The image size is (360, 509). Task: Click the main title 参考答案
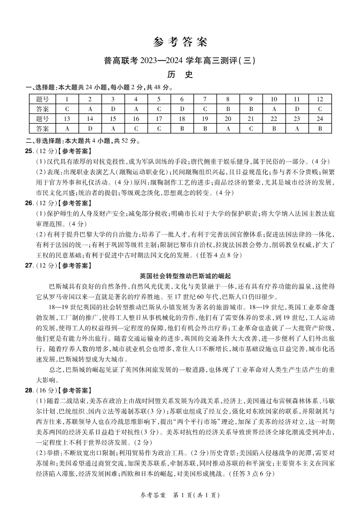pyautogui.click(x=180, y=42)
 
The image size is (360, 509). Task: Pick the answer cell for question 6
pyautogui.click(x=182, y=109)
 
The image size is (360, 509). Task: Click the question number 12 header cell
pyautogui.click(x=320, y=99)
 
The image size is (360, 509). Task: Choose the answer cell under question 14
pyautogui.click(x=90, y=128)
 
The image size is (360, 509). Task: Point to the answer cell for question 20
pyautogui.click(x=228, y=128)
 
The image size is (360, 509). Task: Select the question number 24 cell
pyautogui.click(x=320, y=119)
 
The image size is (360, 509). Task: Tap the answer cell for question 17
pyautogui.click(x=159, y=128)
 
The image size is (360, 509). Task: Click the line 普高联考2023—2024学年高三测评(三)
pyautogui.click(x=180, y=60)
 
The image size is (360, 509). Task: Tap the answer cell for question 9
pyautogui.click(x=251, y=109)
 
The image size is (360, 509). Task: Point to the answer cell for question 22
pyautogui.click(x=274, y=128)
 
